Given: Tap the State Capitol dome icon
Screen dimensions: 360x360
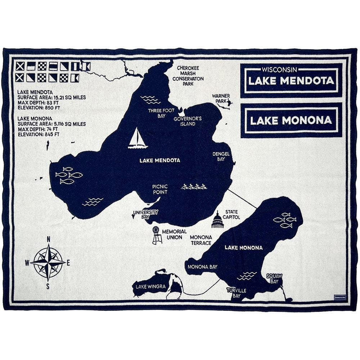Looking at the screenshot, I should [217, 221].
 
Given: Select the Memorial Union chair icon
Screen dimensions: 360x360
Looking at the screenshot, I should [157, 235].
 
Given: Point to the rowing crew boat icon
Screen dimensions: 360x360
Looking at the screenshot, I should [194, 186].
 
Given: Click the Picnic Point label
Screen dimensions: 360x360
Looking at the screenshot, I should [160, 189].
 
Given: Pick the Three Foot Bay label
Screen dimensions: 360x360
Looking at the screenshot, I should [161, 113].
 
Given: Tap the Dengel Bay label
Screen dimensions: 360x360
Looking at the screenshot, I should [221, 156].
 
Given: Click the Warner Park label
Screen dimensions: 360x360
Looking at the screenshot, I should [221, 99].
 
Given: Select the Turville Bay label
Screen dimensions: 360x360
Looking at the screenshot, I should [236, 293].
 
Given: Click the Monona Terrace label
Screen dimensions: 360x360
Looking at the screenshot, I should [201, 240].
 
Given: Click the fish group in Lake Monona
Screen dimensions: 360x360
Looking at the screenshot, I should [285, 220].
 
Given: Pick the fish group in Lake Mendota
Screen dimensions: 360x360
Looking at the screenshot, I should [69, 175].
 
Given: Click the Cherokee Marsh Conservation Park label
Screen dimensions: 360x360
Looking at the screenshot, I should [188, 76].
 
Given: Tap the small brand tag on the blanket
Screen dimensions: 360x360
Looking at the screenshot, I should [339, 297].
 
